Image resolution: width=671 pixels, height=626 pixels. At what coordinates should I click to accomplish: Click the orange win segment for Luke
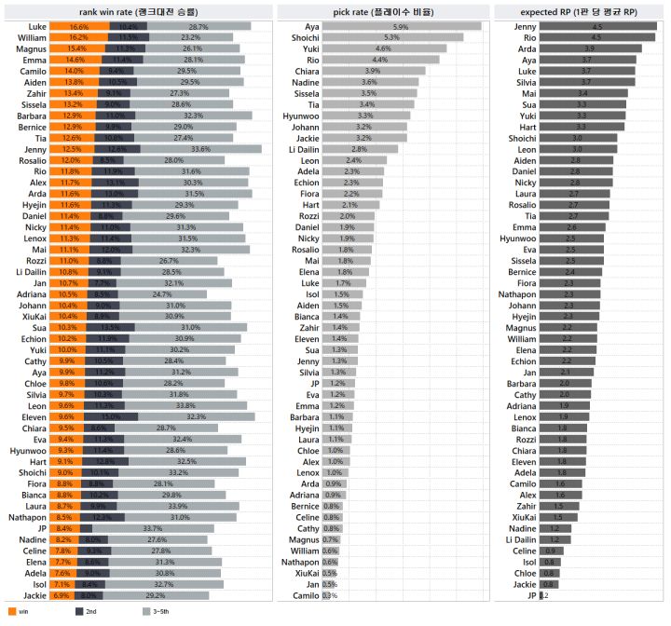click(x=79, y=28)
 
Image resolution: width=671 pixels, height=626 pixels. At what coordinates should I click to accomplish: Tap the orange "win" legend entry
click(x=18, y=611)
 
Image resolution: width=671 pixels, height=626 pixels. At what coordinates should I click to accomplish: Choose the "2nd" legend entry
click(x=86, y=611)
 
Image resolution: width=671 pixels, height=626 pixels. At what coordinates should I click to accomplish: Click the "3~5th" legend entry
click(x=157, y=611)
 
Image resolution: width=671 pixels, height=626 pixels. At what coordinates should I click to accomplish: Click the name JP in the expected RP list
click(x=532, y=595)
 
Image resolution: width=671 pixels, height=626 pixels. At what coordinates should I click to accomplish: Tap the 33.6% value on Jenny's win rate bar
click(x=200, y=149)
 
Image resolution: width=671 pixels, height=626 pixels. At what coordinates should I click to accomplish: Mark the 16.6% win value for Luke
click(x=79, y=28)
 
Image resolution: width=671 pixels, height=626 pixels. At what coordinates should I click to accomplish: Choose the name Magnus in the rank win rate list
click(x=34, y=48)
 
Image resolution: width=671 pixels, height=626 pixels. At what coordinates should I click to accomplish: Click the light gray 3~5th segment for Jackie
click(x=168, y=593)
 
